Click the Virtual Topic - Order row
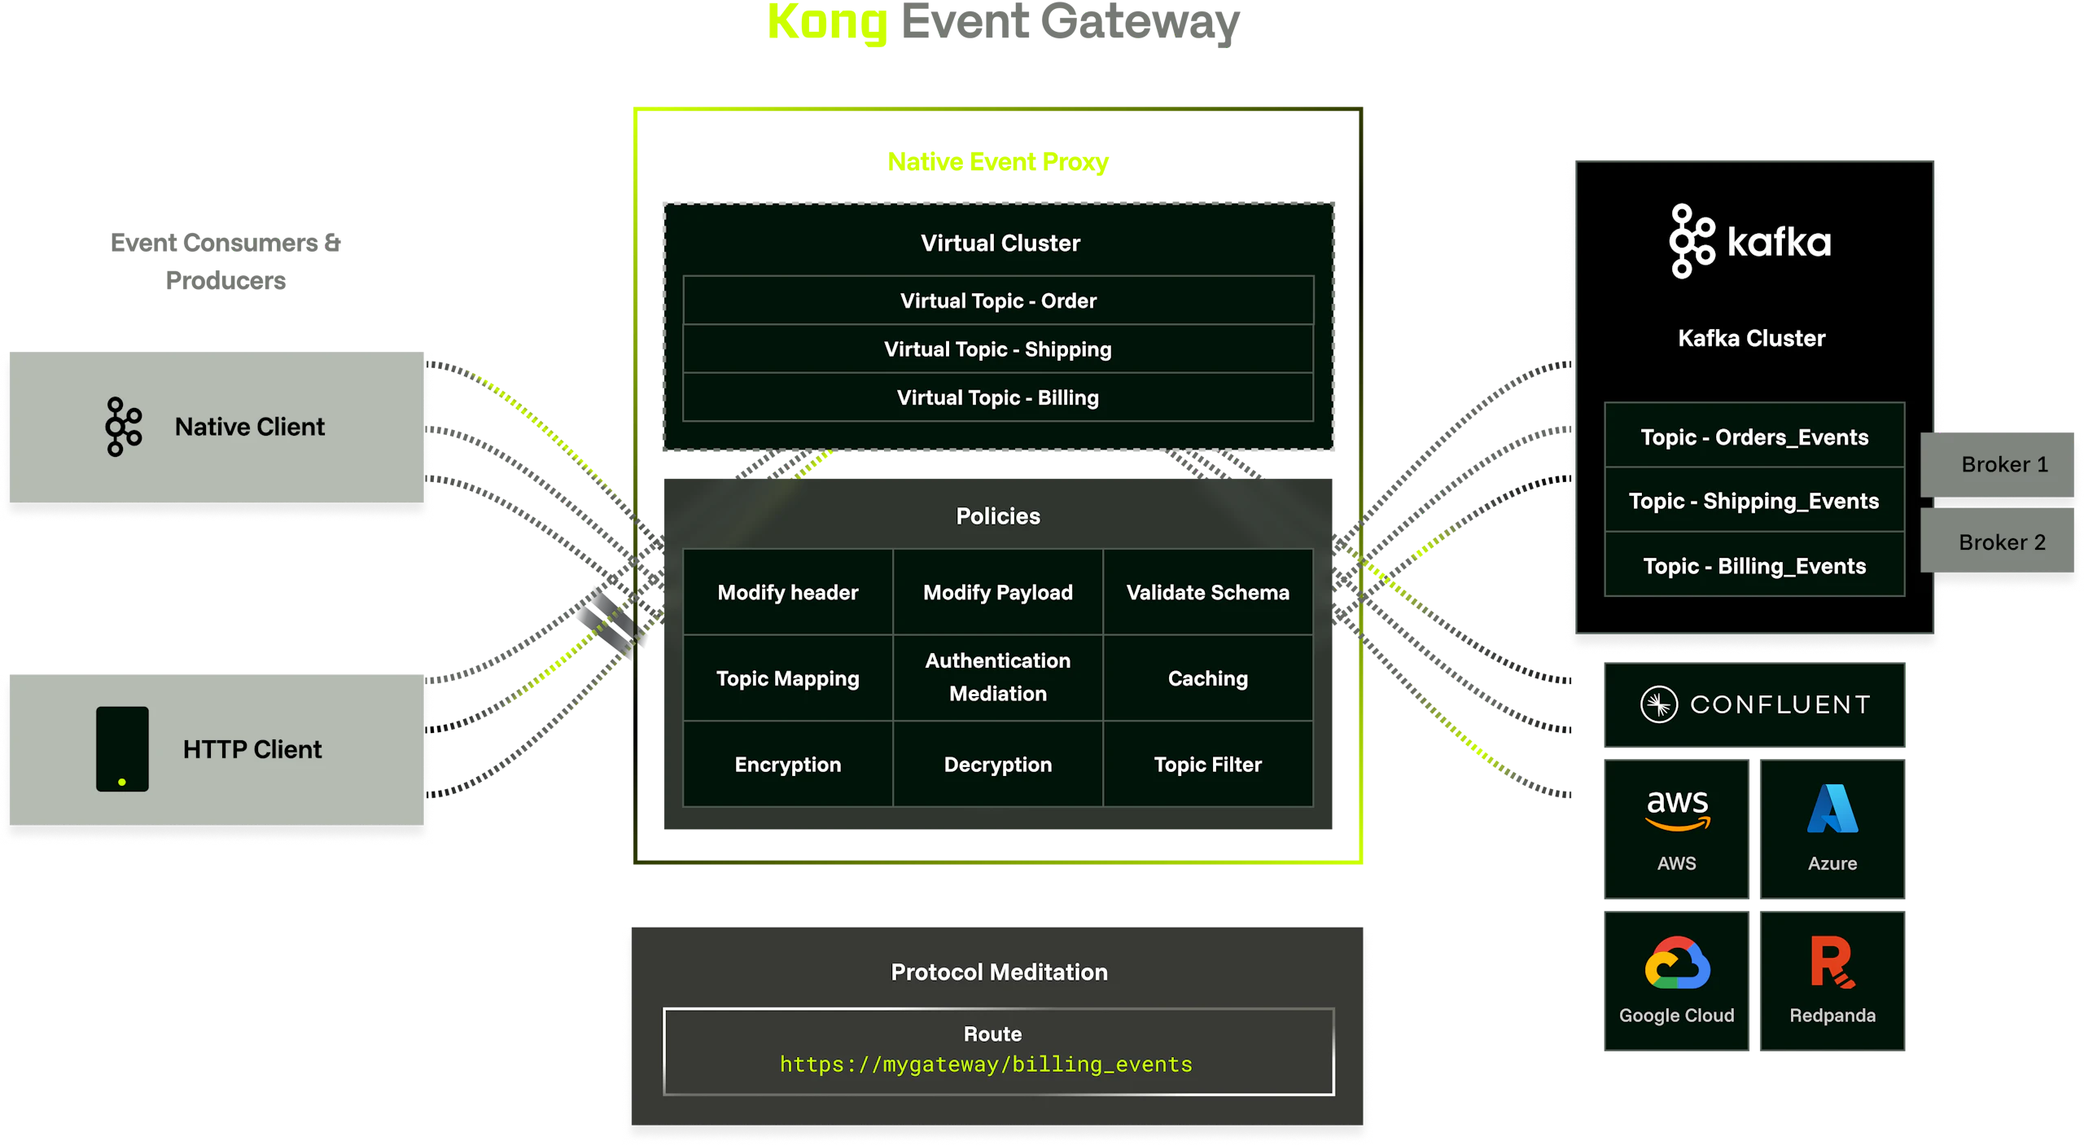[998, 301]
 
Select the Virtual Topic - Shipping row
[998, 349]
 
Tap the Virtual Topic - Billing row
[998, 397]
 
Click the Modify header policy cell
[787, 592]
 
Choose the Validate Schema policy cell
[1207, 592]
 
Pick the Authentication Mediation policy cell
[998, 677]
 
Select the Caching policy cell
[1207, 678]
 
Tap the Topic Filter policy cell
[1207, 765]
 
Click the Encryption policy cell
[787, 765]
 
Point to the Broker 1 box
[2003, 464]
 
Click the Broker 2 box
[2002, 542]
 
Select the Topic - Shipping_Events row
[1753, 501]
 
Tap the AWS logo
[1677, 811]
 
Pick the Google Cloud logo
[1677, 963]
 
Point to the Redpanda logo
[1832, 963]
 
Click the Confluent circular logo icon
[1658, 704]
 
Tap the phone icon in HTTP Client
[122, 749]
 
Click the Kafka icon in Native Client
[123, 427]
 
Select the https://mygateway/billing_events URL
[986, 1064]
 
